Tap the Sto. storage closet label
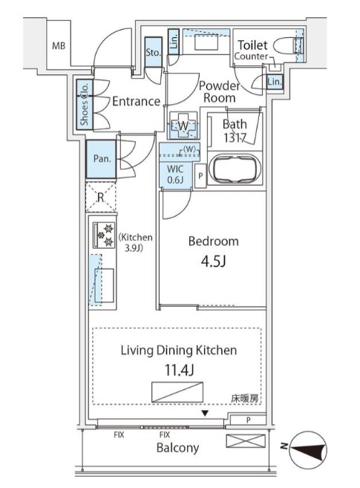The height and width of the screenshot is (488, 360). coord(154,53)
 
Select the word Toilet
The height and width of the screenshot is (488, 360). coord(252,45)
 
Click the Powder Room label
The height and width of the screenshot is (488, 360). coord(218,91)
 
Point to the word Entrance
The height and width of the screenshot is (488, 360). coord(136,101)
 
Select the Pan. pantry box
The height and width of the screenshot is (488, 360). coord(101,158)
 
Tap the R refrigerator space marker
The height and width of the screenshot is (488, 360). coord(101,197)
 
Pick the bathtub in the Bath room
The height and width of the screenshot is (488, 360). coord(235,168)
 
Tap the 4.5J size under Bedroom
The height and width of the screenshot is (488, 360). coord(213,261)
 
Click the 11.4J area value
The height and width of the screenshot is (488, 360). coord(178,368)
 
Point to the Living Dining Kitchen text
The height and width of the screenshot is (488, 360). coord(179,349)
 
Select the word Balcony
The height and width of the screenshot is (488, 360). coord(177,447)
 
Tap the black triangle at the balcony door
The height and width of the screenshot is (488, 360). coord(205,413)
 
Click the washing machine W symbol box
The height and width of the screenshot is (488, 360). coord(183,126)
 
